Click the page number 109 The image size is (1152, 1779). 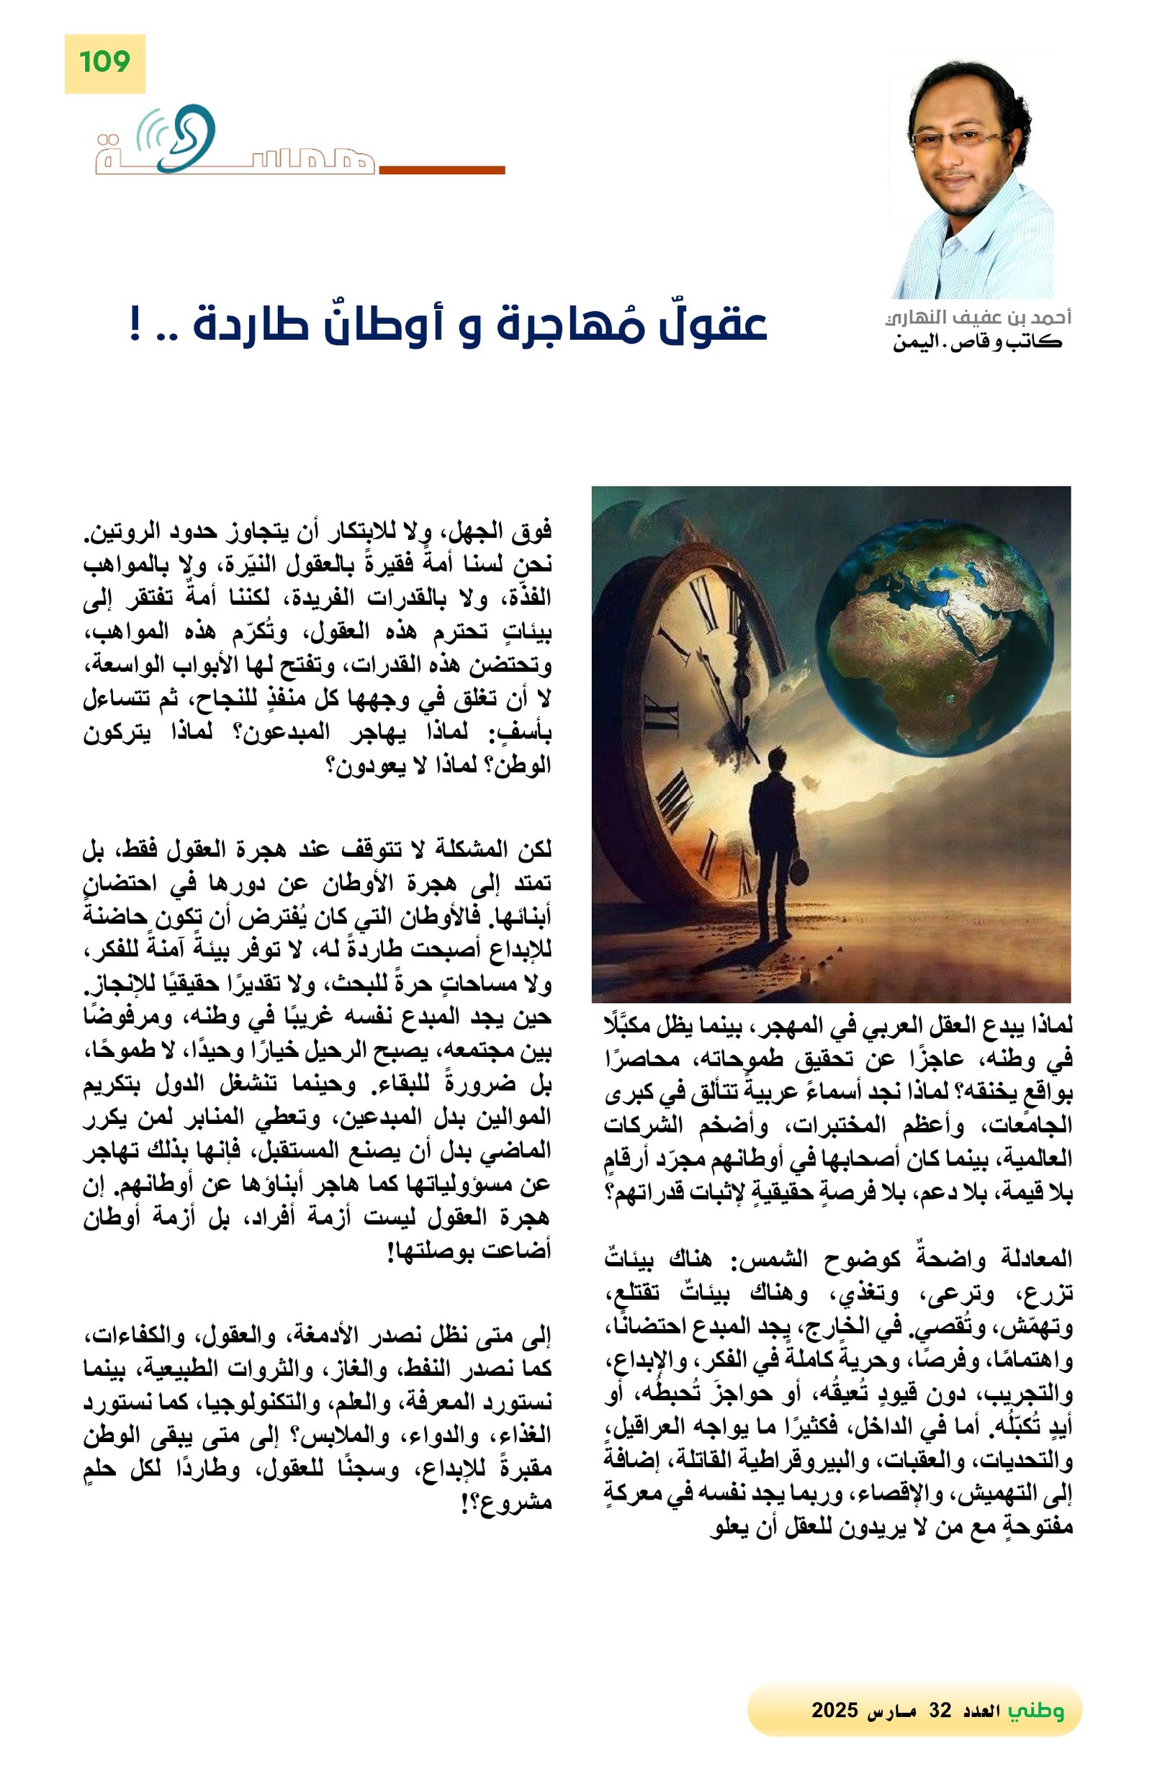pyautogui.click(x=104, y=61)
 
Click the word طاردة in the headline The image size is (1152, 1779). pyautogui.click(x=254, y=325)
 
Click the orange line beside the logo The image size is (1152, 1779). pyautogui.click(x=442, y=171)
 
